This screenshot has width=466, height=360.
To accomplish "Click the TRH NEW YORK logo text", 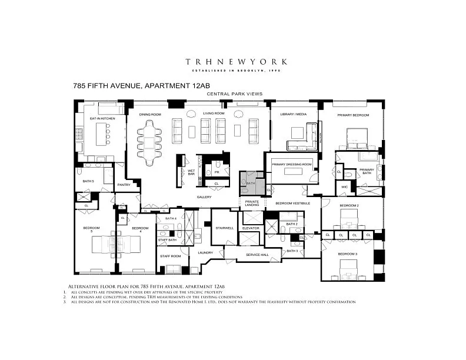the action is click(x=237, y=61).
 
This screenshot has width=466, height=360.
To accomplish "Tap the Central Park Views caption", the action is click(x=234, y=94).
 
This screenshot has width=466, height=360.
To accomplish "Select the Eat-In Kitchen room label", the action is click(x=102, y=118).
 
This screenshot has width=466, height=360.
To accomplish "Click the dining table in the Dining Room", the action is click(x=149, y=141).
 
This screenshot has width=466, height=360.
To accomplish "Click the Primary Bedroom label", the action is click(x=353, y=115).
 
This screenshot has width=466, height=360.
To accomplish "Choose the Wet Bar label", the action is click(x=191, y=172).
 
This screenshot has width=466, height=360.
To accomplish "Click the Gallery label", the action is click(x=204, y=197).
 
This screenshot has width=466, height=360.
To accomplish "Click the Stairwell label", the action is click(x=225, y=228).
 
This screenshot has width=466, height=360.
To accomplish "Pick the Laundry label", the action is click(x=205, y=252).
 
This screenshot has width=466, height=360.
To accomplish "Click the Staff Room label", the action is click(x=169, y=256).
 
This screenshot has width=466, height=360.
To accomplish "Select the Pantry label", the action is click(x=124, y=185).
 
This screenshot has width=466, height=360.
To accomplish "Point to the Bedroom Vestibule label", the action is click(x=292, y=203).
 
